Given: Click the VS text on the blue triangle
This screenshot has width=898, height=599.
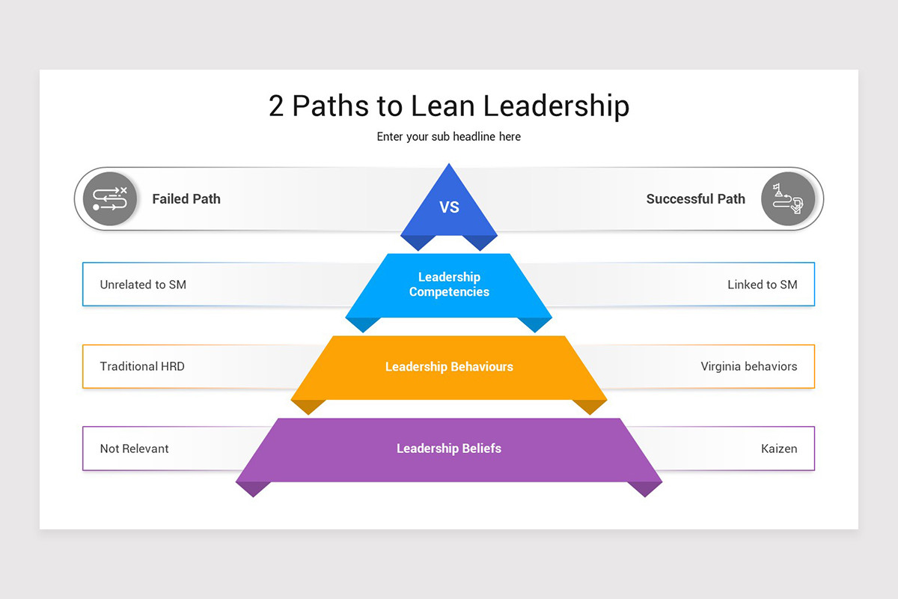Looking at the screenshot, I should pyautogui.click(x=449, y=207).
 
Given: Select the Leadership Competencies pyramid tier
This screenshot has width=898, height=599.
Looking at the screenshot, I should pyautogui.click(x=449, y=285).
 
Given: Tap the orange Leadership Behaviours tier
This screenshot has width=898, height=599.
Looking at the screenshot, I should pyautogui.click(x=449, y=367).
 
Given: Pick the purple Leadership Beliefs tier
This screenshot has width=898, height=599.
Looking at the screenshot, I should pyautogui.click(x=449, y=449).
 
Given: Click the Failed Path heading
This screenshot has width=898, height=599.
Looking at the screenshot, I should pyautogui.click(x=186, y=199).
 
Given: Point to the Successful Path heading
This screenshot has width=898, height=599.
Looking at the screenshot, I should pyautogui.click(x=696, y=199).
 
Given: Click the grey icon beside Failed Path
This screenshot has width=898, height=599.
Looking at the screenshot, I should pyautogui.click(x=110, y=199).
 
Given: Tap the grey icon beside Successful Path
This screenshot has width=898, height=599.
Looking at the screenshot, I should pyautogui.click(x=788, y=199).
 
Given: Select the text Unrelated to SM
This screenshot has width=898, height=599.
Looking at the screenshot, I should pyautogui.click(x=143, y=285).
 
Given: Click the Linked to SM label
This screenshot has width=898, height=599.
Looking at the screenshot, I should pyautogui.click(x=763, y=285).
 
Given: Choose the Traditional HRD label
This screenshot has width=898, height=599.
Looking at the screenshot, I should pyautogui.click(x=142, y=367).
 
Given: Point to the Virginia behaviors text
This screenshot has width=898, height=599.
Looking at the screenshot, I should pyautogui.click(x=749, y=367).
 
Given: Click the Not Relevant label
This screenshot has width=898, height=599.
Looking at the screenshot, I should pyautogui.click(x=135, y=449).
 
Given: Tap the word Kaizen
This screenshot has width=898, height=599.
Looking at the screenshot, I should pyautogui.click(x=779, y=449).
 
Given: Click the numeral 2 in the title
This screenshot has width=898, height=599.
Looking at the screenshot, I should pyautogui.click(x=277, y=106).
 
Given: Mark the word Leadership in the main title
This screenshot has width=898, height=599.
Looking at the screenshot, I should pyautogui.click(x=556, y=106).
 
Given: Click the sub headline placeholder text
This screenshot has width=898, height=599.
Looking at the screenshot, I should pyautogui.click(x=449, y=137).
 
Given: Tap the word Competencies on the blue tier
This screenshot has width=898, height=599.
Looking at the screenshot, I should pyautogui.click(x=449, y=292).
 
